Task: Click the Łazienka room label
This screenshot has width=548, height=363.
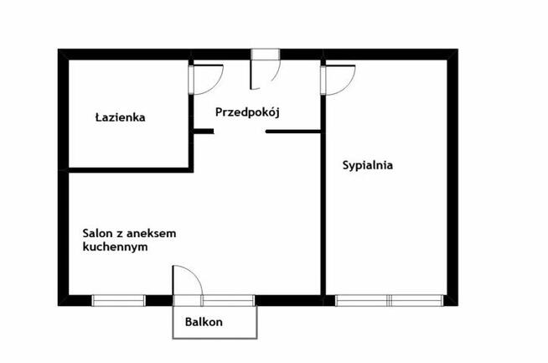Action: pos(120,118)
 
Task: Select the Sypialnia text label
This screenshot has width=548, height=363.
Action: pos(368,166)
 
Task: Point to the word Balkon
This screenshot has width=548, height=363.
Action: pos(204,322)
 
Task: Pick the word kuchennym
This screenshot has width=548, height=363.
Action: pos(116,248)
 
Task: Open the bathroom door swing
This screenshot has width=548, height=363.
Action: pos(208,79)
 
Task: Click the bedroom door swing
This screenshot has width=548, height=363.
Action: pos(339,79)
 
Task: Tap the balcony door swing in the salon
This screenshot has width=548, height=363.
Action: pos(187,282)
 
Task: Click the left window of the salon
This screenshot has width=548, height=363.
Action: pos(118,300)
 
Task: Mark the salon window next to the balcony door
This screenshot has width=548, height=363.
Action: pos(227,300)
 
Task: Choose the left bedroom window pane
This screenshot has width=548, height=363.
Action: pos(362,300)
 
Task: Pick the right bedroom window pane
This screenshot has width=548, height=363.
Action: pos(416,300)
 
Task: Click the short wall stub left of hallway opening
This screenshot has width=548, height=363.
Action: pos(203,131)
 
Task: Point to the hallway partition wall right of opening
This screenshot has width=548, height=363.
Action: pos(293,131)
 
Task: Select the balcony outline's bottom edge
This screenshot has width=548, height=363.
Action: pos(214,338)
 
